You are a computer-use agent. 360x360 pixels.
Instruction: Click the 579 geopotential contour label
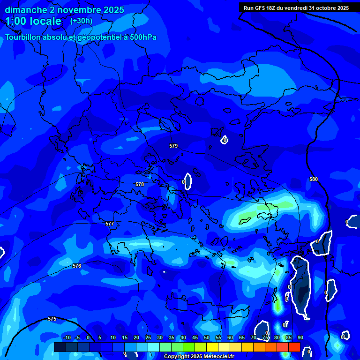pos(173,146)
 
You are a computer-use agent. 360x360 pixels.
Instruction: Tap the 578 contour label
pos(140,184)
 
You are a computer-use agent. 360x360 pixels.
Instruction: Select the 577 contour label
pos(110,224)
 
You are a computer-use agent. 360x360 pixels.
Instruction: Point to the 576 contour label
pos(77,266)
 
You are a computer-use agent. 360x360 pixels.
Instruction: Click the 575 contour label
pos(52,319)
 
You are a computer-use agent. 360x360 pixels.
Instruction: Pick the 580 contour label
pos(314,179)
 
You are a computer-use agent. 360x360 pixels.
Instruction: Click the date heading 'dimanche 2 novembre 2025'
pos(64,10)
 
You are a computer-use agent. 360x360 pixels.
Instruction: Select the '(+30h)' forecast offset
pos(81,21)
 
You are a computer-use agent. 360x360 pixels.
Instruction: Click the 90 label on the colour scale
pos(300,337)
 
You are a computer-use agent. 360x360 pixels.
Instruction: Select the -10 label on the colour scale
pos(67,337)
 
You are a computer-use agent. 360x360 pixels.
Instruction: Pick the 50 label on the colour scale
pos(207,337)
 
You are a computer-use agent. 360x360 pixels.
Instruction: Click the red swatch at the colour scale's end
pos(294,347)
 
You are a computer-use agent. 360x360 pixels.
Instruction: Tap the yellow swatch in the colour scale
pos(212,347)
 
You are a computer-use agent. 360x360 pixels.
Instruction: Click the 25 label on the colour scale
pos(148,337)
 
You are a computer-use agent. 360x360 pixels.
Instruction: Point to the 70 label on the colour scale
pos(254,337)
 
